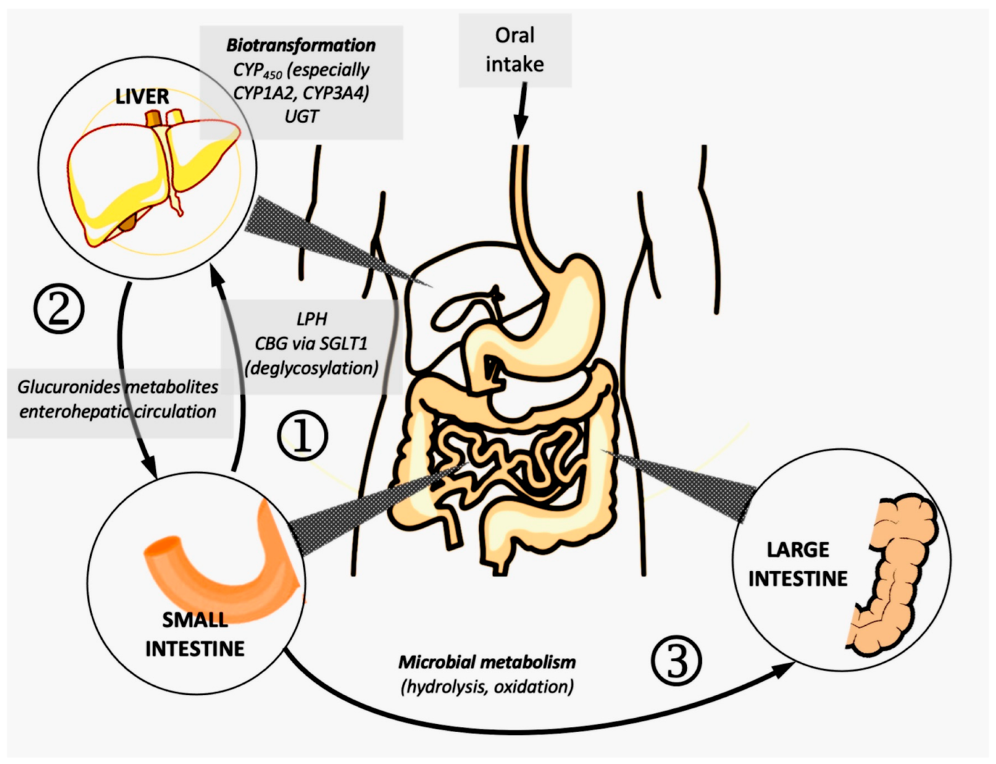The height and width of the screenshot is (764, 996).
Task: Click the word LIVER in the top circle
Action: coord(142,96)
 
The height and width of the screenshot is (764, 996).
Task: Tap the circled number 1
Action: coord(302,436)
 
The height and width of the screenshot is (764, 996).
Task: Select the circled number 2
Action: coord(59,308)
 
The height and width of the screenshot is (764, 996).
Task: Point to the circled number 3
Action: coord(676,661)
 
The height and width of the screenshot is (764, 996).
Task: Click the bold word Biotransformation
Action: coord(301,45)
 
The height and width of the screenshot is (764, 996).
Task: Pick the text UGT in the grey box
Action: coord(301,116)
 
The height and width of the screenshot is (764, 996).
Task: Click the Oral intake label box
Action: coord(514,50)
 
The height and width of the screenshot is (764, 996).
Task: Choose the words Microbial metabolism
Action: coord(487,662)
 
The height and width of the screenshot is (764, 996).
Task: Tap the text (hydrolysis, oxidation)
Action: coord(487,687)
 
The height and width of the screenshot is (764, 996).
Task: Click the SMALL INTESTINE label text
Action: coord(195,634)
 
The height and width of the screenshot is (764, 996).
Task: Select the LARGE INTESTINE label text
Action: coord(798,564)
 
